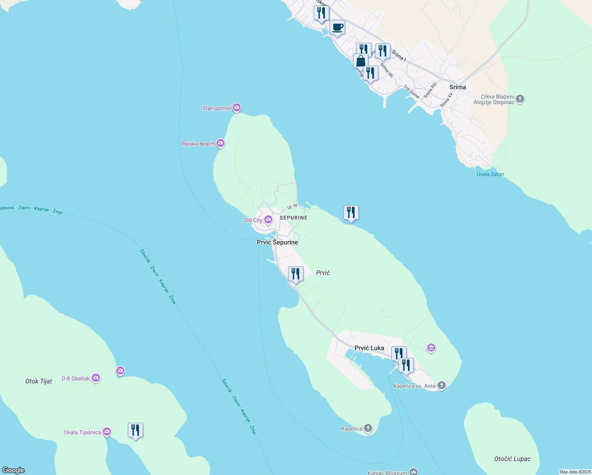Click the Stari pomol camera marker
[x=237, y=108]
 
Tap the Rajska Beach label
[x=198, y=144]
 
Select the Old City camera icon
[x=268, y=220]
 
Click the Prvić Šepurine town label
[x=277, y=242]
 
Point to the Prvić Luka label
[x=369, y=348]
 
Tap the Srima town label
[x=458, y=87]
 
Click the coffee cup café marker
[x=337, y=28]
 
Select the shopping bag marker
[x=361, y=61]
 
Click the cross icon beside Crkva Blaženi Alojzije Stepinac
[x=520, y=99]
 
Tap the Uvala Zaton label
[x=490, y=174]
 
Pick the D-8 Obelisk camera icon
[x=96, y=378]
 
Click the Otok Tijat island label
[x=39, y=381]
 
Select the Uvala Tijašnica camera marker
[x=107, y=432]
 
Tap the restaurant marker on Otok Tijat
[x=135, y=430]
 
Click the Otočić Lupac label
[x=512, y=459]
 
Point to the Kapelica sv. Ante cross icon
[x=442, y=386]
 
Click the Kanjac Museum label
[x=387, y=472]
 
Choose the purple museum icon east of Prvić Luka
[x=431, y=348]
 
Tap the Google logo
[x=13, y=470]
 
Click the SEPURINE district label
[x=293, y=218]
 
